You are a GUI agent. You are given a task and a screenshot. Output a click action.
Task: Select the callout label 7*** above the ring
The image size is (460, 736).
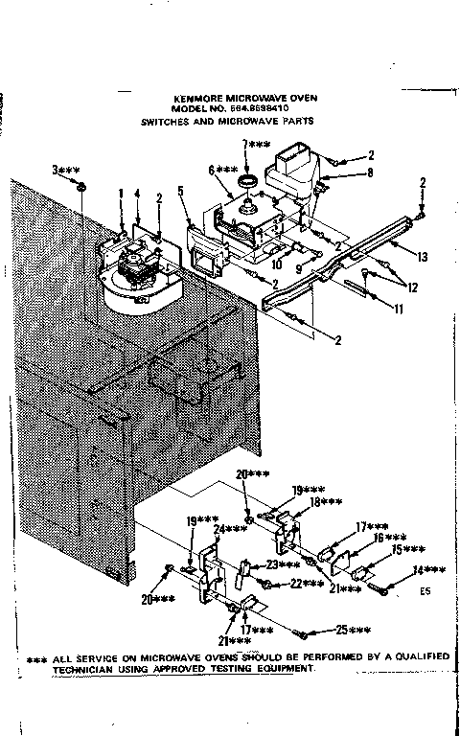pos(257,144)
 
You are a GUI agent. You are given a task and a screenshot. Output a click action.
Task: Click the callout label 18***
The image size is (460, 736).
pos(325,502)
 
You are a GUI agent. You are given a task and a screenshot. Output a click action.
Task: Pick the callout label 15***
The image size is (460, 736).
pos(410,549)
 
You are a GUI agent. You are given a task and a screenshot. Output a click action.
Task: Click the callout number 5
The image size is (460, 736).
pos(179,191)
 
